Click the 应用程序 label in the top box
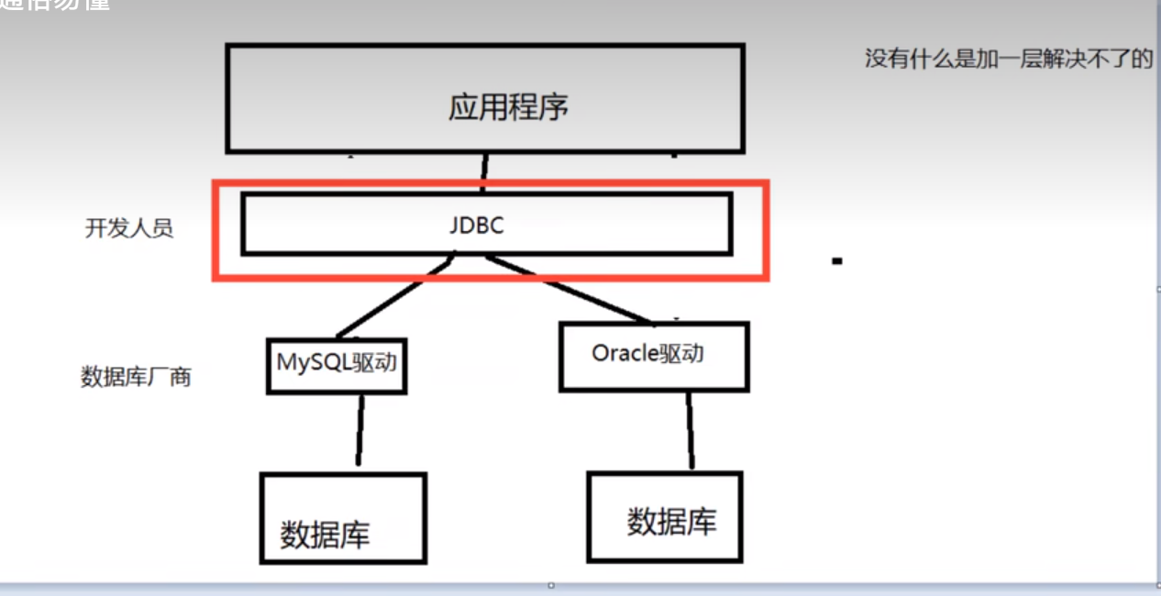508,107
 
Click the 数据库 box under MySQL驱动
342,518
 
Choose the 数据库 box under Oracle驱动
664,516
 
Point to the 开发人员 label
129,228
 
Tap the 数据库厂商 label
136,376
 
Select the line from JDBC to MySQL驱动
394,299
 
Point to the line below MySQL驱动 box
360,433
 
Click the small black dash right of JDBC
836,261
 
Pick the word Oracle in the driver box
625,352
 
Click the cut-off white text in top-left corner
55,5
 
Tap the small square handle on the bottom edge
551,585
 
